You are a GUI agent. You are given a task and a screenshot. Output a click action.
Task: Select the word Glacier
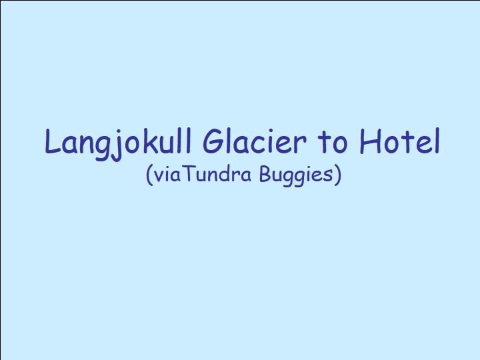pyautogui.click(x=254, y=141)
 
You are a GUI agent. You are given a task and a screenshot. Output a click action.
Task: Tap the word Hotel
pyautogui.click(x=400, y=141)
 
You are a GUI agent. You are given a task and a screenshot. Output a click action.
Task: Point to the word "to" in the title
pyautogui.click(x=333, y=143)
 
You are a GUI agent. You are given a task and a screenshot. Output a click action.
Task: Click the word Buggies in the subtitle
pyautogui.click(x=296, y=175)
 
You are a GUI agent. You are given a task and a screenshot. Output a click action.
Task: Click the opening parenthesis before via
pyautogui.click(x=149, y=175)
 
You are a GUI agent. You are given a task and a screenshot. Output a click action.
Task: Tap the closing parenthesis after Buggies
pyautogui.click(x=337, y=175)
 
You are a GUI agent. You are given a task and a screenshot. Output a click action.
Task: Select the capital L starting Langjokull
pyautogui.click(x=53, y=141)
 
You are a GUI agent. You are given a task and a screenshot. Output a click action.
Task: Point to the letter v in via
pyautogui.click(x=159, y=177)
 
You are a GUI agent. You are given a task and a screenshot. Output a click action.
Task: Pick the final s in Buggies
pyautogui.click(x=329, y=177)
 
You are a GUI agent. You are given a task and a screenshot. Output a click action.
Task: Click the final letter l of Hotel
pyautogui.click(x=438, y=141)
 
